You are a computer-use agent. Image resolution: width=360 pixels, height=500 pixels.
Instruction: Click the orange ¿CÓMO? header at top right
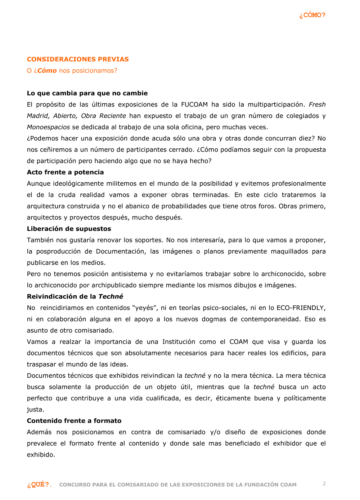coord(312,15)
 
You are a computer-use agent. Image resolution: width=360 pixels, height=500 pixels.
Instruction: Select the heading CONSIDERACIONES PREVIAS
coord(78,59)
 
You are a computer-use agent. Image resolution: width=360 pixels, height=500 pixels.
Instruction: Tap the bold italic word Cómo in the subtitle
coord(47,71)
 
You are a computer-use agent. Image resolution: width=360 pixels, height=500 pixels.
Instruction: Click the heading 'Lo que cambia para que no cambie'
coord(87,93)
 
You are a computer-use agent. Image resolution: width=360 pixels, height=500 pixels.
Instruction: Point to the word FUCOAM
coord(194,105)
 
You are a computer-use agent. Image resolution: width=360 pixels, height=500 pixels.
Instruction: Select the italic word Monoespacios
coord(48,127)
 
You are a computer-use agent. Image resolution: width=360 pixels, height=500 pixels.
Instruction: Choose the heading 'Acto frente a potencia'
coord(65,172)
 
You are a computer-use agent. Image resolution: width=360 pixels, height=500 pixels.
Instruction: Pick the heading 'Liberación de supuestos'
coord(69,229)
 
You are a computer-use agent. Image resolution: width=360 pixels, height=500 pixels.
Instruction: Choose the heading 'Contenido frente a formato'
coord(74,421)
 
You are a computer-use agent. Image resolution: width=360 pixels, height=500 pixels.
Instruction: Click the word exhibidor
coord(287,444)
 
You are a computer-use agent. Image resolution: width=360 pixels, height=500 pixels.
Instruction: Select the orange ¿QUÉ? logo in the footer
coord(38,485)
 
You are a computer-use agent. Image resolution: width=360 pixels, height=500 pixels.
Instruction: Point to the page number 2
coord(324,484)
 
